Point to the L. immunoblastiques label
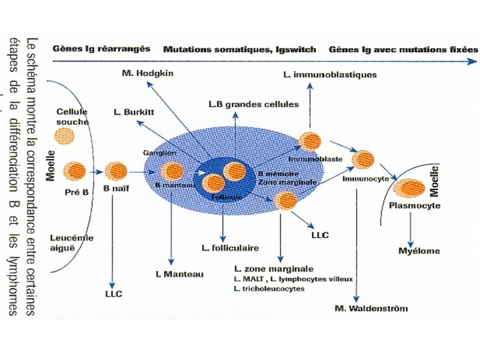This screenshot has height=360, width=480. (x=330, y=74)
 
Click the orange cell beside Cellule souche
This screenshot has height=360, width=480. (x=65, y=136)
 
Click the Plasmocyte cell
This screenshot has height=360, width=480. (x=413, y=189)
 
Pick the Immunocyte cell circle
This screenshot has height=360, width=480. (x=363, y=160)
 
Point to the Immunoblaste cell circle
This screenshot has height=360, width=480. (x=310, y=141)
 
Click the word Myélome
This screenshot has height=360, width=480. (x=418, y=251)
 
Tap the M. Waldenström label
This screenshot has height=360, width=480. (x=371, y=308)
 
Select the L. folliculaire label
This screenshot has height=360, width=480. (x=229, y=248)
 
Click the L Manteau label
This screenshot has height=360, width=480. (x=179, y=275)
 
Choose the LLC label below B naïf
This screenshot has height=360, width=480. (x=114, y=293)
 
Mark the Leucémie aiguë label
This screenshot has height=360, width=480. (x=72, y=242)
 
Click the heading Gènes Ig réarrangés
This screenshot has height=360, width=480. (x=101, y=49)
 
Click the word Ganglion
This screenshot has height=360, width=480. (x=155, y=153)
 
